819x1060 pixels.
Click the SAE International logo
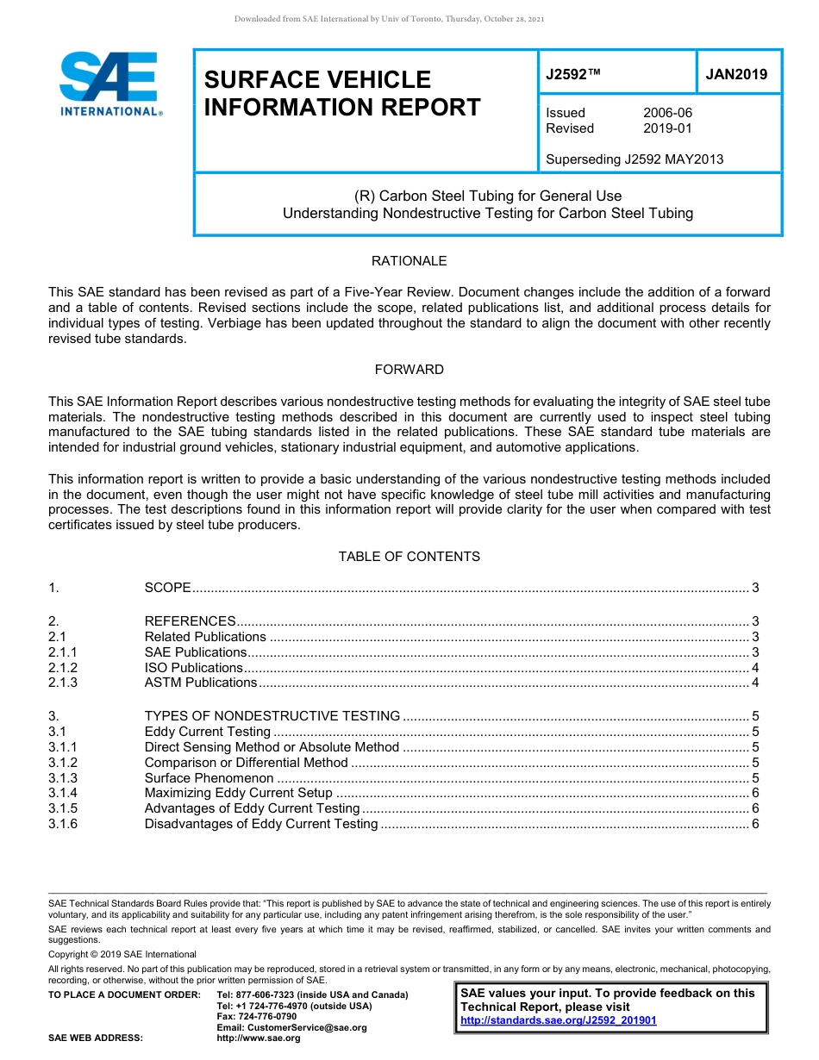click(109, 84)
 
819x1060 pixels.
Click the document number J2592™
click(572, 74)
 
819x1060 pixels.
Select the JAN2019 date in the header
click(736, 74)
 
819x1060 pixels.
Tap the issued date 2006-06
click(667, 113)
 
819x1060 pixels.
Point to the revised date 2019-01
click(667, 128)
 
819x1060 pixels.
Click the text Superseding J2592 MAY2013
click(635, 159)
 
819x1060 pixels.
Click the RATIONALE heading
click(409, 261)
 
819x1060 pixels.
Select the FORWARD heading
click(409, 370)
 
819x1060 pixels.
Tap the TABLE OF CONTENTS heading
click(409, 557)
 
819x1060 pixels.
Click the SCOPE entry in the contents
click(167, 588)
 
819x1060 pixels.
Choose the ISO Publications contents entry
click(193, 668)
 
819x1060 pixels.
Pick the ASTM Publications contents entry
click(200, 683)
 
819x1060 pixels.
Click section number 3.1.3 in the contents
click(63, 778)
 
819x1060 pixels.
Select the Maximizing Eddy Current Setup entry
click(238, 794)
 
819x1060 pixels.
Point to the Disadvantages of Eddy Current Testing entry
click(260, 825)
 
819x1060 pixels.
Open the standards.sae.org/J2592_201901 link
click(558, 1020)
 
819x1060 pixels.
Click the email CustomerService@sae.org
click(291, 1027)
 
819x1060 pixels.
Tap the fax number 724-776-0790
click(256, 1017)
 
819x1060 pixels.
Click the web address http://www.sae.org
click(258, 1038)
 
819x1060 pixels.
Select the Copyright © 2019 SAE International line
click(122, 954)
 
